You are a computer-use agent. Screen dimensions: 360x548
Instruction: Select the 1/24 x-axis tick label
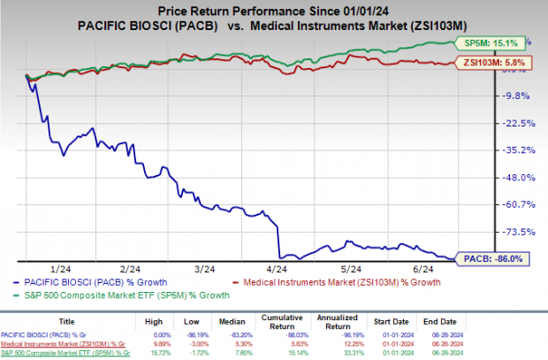[61, 268]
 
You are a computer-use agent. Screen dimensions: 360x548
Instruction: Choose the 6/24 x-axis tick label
[424, 268]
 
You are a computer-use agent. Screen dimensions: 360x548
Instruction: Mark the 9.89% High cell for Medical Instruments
[179, 338]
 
